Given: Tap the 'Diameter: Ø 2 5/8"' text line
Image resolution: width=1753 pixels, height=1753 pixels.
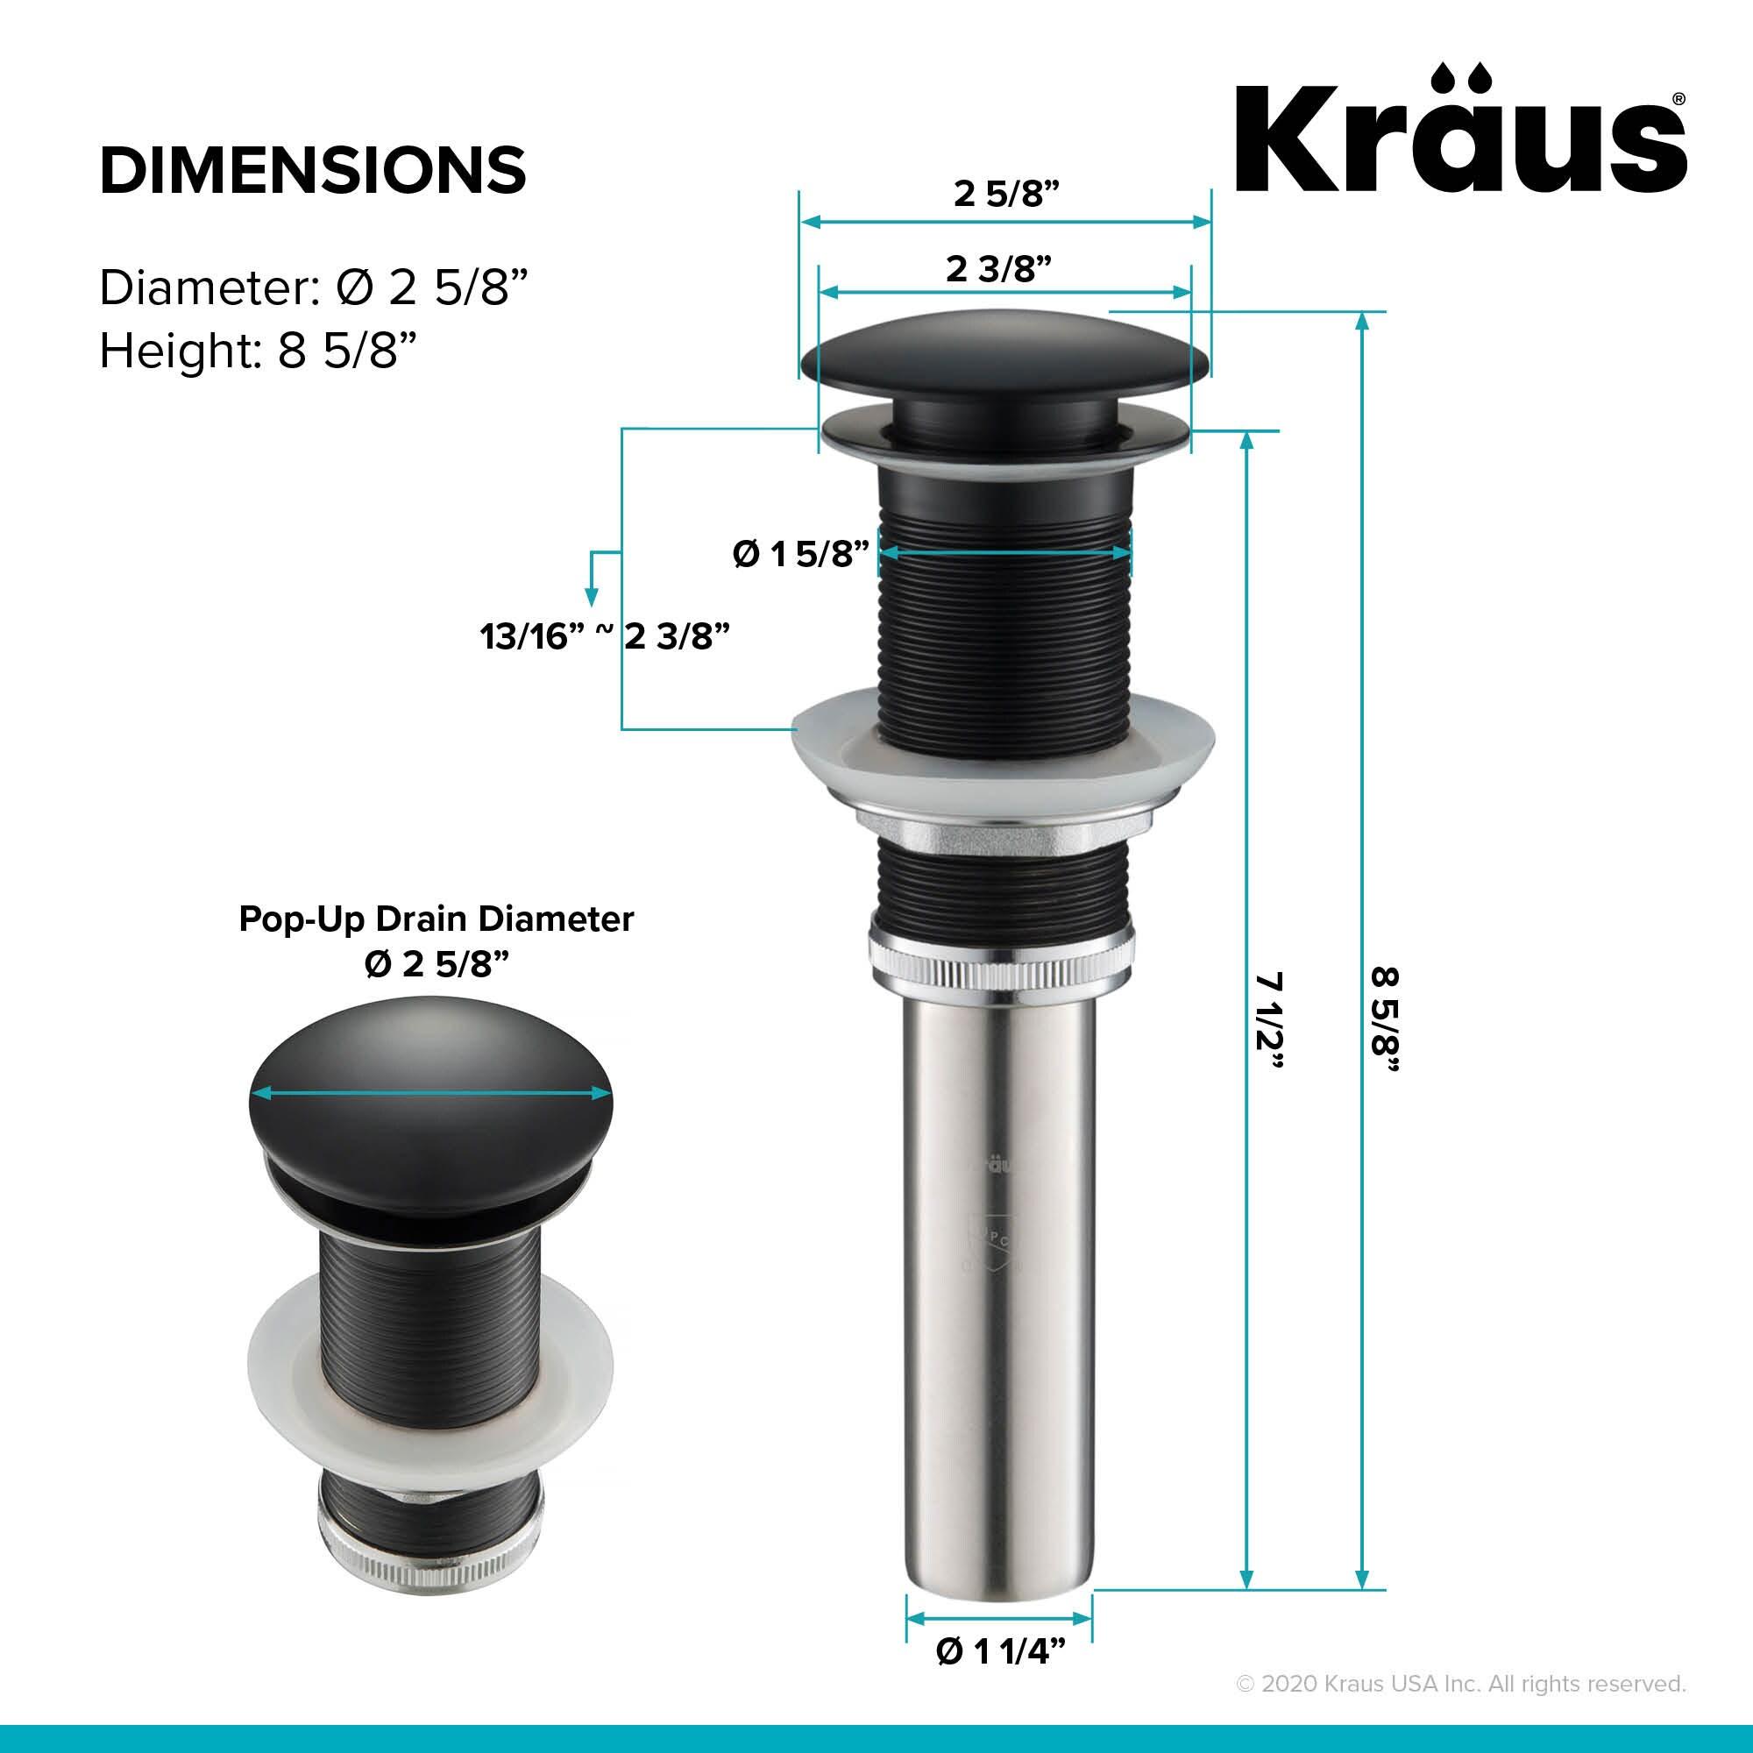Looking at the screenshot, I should click(x=313, y=288).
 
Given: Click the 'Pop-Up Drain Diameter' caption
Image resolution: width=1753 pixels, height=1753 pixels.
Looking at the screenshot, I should click(x=436, y=919).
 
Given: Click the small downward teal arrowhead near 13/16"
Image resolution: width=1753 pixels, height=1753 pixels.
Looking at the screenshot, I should click(x=592, y=598).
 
